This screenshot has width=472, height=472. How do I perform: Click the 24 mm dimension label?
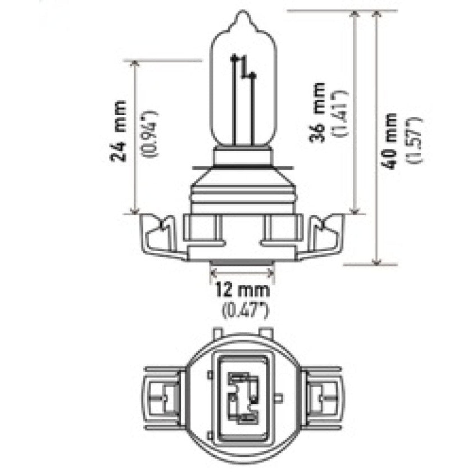119,131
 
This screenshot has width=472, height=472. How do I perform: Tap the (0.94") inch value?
150,133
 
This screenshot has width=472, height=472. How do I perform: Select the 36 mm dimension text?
319,112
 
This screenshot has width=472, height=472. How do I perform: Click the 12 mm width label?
243,291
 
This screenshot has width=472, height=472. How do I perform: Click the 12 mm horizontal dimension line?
242,272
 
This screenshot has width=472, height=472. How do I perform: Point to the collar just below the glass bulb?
243,157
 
